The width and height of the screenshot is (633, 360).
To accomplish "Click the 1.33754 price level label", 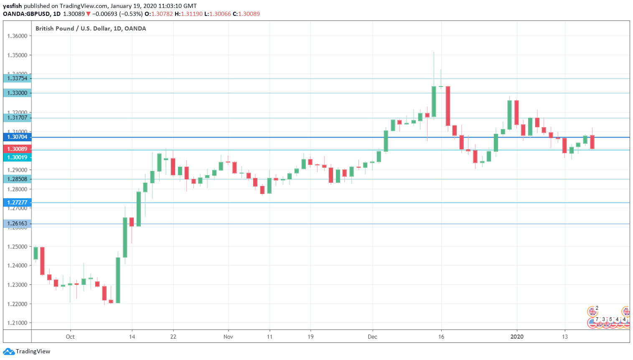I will [17, 78].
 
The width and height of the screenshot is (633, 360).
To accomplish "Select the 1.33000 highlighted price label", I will [17, 93].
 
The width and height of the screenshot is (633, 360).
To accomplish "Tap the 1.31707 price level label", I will [17, 117].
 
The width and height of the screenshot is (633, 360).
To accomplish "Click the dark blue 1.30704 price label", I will [17, 137].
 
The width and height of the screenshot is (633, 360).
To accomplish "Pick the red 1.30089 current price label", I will [17, 149].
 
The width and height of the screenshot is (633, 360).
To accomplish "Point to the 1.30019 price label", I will [17, 157].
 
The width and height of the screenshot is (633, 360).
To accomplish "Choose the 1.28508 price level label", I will [17, 179].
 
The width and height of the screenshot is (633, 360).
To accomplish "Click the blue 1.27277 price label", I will [17, 202].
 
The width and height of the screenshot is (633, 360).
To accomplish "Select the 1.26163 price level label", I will [17, 223].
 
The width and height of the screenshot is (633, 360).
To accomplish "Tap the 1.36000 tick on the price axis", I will [17, 36].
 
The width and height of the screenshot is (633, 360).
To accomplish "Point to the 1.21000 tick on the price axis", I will [17, 323].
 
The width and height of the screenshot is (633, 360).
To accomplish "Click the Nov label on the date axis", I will [228, 337].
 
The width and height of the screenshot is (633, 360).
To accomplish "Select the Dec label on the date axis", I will [372, 337].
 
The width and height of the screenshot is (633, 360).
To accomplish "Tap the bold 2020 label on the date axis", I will [517, 337].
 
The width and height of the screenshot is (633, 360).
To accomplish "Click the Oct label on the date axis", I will [70, 337].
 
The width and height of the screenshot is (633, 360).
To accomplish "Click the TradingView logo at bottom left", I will [27, 351].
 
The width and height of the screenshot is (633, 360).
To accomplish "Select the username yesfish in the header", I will [12, 6].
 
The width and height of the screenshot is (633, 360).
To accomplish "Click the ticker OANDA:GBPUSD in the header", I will [26, 14].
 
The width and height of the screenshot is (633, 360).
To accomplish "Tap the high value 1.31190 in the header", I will [192, 14].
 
